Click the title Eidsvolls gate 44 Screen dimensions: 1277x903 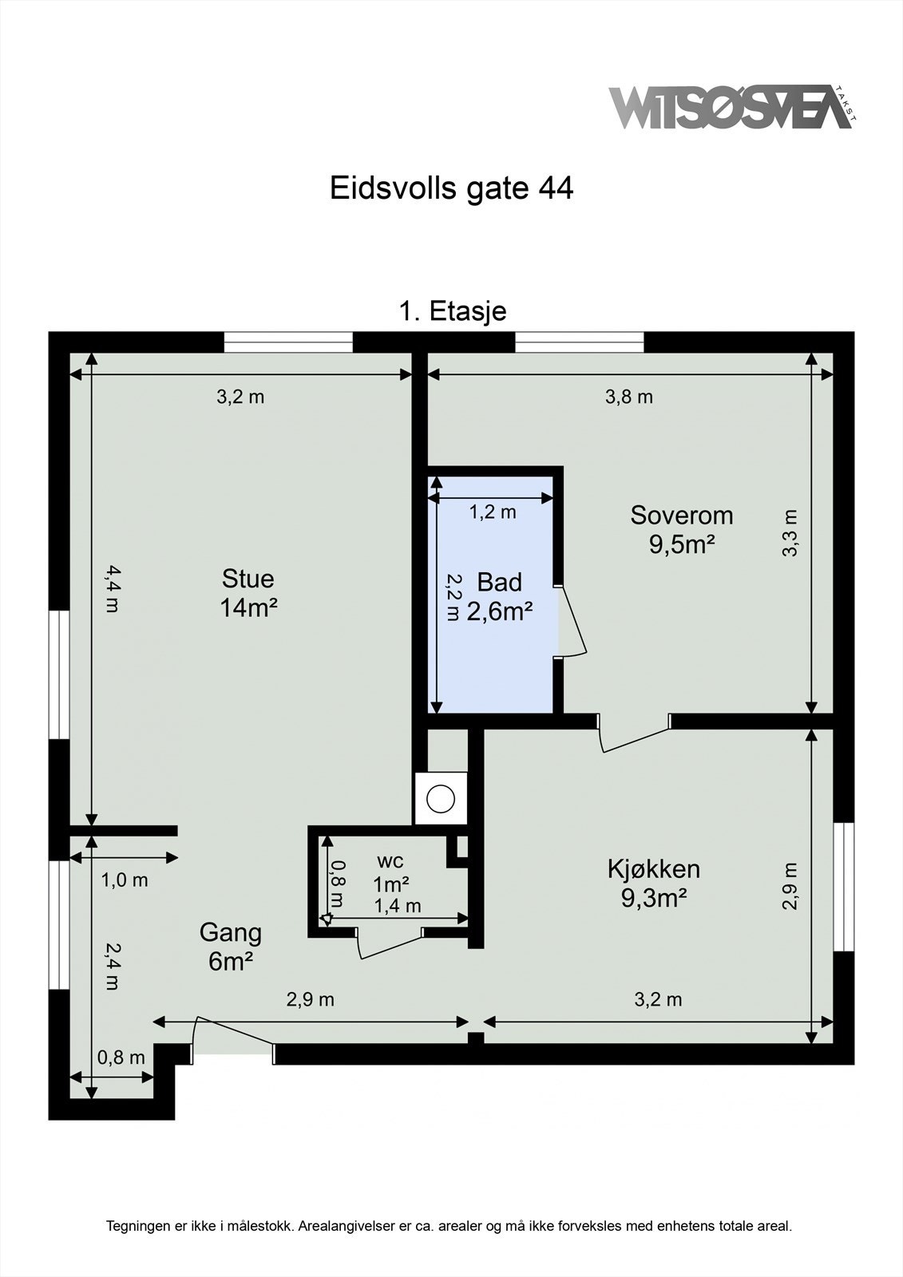pyautogui.click(x=451, y=188)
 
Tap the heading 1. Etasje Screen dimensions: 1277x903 pyautogui.click(x=452, y=310)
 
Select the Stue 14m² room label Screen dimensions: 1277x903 pyautogui.click(x=248, y=592)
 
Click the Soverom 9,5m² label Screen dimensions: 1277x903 pyautogui.click(x=681, y=529)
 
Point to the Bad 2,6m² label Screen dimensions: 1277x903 pyautogui.click(x=500, y=596)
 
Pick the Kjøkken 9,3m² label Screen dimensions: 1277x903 pyautogui.click(x=654, y=883)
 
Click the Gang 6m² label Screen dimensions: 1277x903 pyautogui.click(x=230, y=947)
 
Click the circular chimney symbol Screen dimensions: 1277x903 pyautogui.click(x=441, y=798)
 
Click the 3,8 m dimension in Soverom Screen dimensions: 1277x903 pyautogui.click(x=629, y=397)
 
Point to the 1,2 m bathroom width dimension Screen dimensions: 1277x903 pyautogui.click(x=492, y=512)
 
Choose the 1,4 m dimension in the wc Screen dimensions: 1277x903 pyautogui.click(x=398, y=906)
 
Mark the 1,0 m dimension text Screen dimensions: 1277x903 pyautogui.click(x=125, y=880)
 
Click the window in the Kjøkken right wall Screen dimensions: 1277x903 pyautogui.click(x=844, y=887)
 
